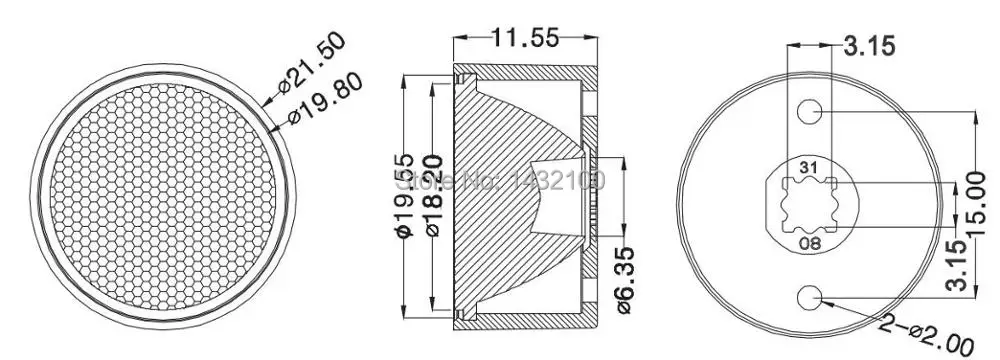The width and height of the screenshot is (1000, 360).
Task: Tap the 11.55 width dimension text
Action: [x=519, y=39]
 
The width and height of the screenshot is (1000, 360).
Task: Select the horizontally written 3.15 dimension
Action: [x=868, y=44]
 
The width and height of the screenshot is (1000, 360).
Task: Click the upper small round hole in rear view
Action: [x=811, y=111]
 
